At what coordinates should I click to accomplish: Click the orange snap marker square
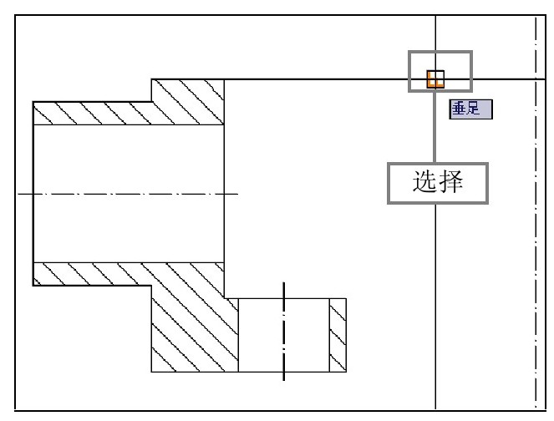pyautogui.click(x=435, y=79)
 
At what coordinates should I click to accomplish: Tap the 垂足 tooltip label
pyautogui.click(x=470, y=109)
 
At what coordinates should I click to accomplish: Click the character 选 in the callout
pyautogui.click(x=424, y=182)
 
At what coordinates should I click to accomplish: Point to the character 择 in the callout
pyautogui.click(x=451, y=182)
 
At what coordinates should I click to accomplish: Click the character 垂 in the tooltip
pyautogui.click(x=460, y=109)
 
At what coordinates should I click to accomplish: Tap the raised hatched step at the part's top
pyautogui.click(x=188, y=99)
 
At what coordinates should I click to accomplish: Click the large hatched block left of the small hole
pyautogui.click(x=194, y=330)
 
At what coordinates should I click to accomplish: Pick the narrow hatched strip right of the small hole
pyautogui.click(x=338, y=335)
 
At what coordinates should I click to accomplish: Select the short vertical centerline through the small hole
pyautogui.click(x=284, y=334)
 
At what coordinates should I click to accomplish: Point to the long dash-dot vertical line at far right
pyautogui.click(x=535, y=251)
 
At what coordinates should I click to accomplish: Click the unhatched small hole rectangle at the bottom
pyautogui.click(x=284, y=335)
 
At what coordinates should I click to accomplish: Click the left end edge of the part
pyautogui.click(x=33, y=194)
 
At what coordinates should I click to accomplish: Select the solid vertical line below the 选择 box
pyautogui.click(x=435, y=301)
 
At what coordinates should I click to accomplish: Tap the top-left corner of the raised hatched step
pyautogui.click(x=151, y=79)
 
